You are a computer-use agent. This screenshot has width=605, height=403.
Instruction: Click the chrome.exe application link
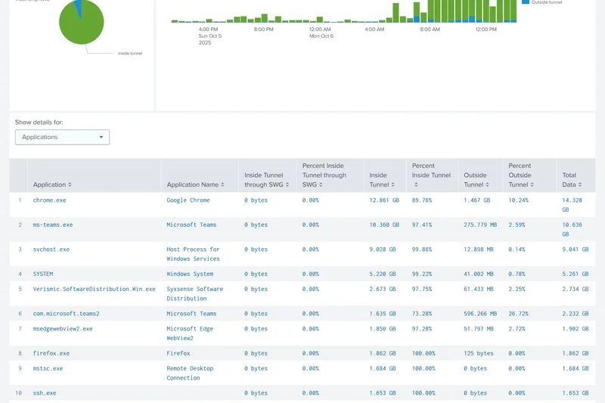tap(49, 200)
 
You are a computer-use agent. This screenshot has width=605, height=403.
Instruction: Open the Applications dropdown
tap(62, 137)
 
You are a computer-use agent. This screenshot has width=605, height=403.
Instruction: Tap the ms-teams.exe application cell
tap(53, 225)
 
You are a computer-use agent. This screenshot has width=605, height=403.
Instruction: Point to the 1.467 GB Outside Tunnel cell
tap(477, 200)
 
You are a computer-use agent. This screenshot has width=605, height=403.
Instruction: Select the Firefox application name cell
tap(178, 353)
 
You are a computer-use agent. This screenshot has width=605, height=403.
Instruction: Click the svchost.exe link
tap(51, 249)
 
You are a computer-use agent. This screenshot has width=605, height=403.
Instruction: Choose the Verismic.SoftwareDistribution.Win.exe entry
tap(94, 289)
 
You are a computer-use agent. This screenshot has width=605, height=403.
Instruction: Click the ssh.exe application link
tap(45, 393)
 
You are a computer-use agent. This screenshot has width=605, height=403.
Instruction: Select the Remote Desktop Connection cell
tap(190, 373)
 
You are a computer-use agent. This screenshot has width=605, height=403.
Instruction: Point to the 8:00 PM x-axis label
tap(264, 29)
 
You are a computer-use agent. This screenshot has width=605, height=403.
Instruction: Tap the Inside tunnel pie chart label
tap(130, 53)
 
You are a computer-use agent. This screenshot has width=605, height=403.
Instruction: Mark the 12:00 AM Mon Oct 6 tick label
tap(321, 33)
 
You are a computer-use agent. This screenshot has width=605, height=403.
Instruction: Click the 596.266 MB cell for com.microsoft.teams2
tap(480, 313)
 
